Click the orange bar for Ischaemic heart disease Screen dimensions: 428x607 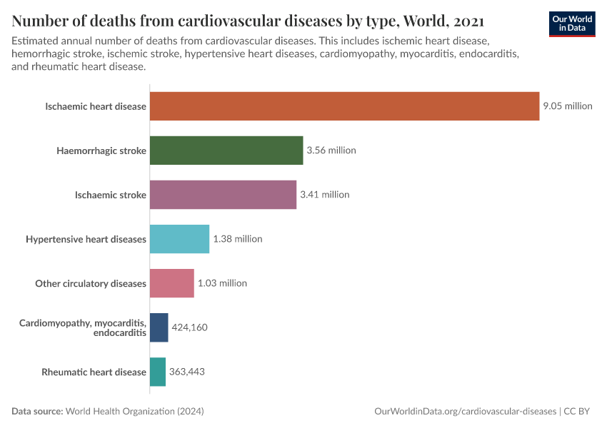pos(344,106)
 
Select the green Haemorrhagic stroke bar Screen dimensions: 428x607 pos(226,151)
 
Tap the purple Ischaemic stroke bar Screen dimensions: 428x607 pos(223,195)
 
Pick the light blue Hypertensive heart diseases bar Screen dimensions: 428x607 pos(179,239)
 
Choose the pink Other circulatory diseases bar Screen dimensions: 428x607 pos(171,283)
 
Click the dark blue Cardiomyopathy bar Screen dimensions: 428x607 pos(159,327)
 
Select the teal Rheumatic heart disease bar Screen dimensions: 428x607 pos(157,372)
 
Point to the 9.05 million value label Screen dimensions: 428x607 pos(568,106)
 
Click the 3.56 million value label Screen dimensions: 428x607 pos(331,151)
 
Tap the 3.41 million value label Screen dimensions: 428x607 pos(324,195)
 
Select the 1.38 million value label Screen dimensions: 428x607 pos(238,239)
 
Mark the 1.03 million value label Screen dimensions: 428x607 pos(222,283)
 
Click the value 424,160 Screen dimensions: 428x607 pos(189,327)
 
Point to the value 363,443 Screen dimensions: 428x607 pos(187,372)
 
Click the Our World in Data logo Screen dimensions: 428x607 pos(572,24)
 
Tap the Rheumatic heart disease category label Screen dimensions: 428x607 pos(94,372)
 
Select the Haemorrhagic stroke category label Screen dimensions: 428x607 pos(101,151)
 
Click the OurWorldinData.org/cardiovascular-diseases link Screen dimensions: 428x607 pos(465,412)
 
